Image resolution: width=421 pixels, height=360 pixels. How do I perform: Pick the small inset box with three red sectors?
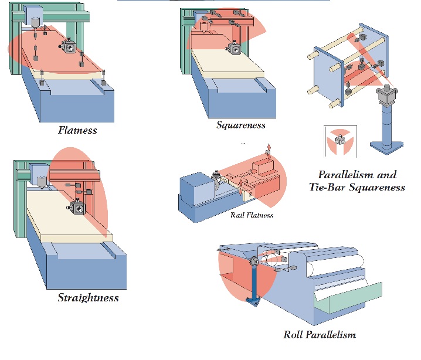point(339,140)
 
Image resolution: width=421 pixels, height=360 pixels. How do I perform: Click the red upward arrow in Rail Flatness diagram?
point(269,148)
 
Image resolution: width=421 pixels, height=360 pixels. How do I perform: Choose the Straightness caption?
point(88,298)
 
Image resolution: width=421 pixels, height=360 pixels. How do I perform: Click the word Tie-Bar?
point(330,188)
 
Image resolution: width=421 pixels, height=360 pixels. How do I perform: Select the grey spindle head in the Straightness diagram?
point(42,171)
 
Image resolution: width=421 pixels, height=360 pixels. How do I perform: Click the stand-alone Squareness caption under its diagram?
point(240,125)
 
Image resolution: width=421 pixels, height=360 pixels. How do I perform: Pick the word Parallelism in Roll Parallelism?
point(330,335)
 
